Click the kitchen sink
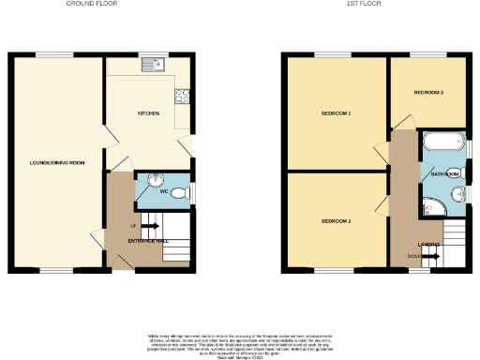152,65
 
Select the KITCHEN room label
148,114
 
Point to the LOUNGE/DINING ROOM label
57,163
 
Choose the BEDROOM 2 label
336,221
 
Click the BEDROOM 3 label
428,93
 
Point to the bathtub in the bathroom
442,143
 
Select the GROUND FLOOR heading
91,4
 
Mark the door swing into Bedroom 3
402,124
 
